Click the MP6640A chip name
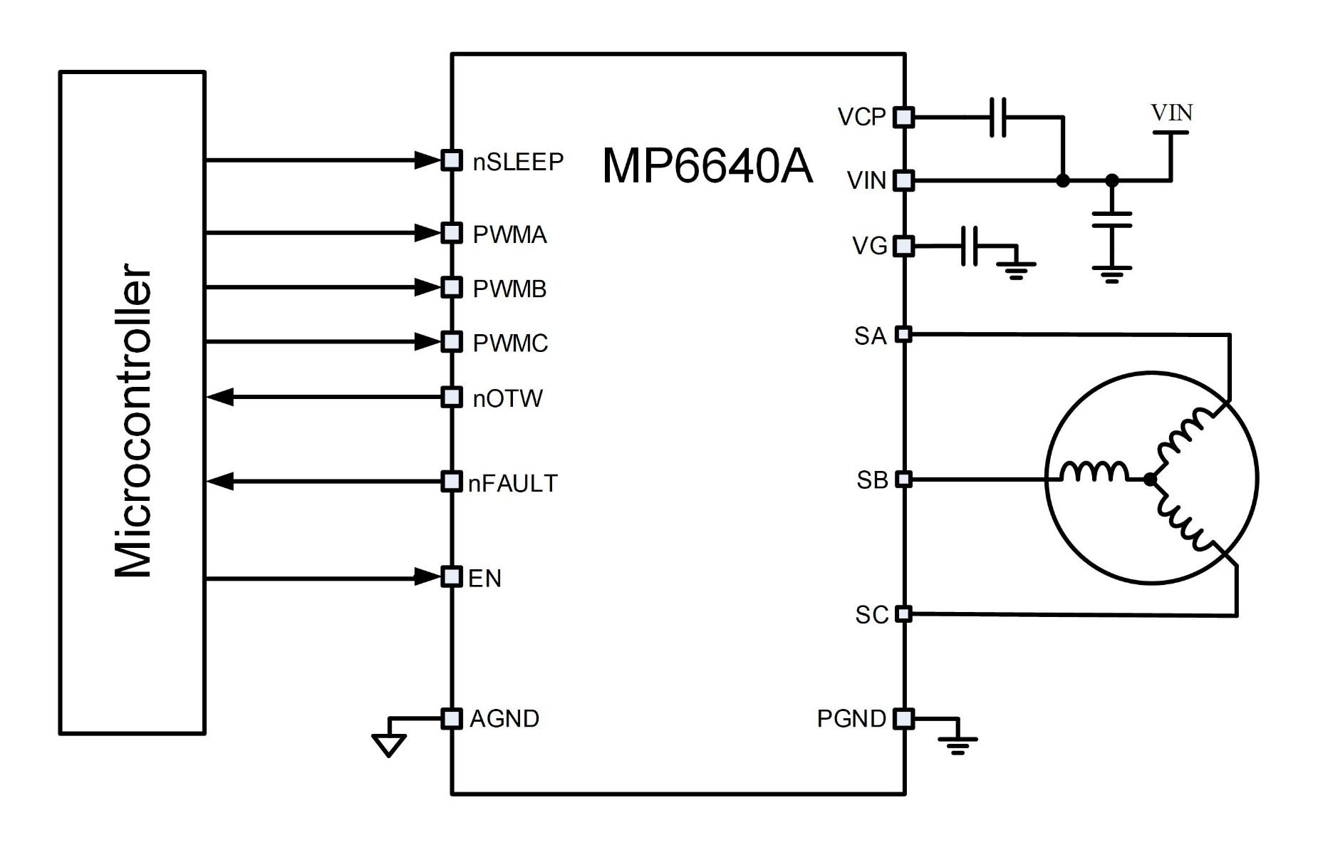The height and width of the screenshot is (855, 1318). pos(707,166)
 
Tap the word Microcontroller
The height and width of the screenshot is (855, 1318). pos(133,420)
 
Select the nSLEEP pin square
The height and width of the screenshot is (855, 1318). pos(451,160)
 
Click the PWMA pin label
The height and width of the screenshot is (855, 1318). pos(509,234)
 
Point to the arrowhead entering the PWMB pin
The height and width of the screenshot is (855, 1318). pos(429,287)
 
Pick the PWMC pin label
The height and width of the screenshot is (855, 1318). pos(510,343)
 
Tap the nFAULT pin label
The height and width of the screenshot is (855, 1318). pos(512,483)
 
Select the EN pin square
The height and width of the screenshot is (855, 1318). pos(451,576)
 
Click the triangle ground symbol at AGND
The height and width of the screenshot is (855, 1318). pos(389,745)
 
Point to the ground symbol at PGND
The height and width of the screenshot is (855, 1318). pos(958,745)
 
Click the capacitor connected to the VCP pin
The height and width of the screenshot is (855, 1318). pos(998,117)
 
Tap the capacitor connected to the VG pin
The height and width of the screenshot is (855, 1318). pos(970,247)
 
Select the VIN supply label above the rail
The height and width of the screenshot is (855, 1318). pos(1171,113)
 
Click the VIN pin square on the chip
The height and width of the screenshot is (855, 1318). pos(903,180)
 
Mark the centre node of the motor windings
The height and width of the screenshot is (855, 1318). pos(1149,480)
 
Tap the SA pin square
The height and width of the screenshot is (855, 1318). pos(903,333)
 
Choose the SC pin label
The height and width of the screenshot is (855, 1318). pos(871,615)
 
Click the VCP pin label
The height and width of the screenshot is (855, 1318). pos(861,117)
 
